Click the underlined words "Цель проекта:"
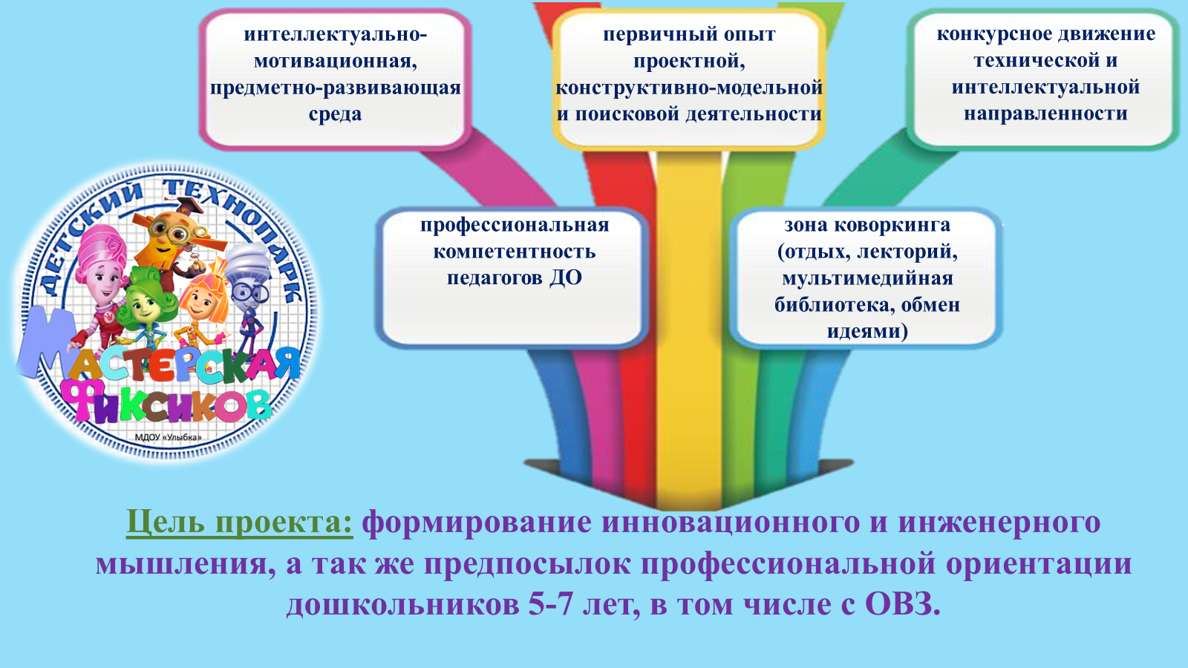[x=239, y=523]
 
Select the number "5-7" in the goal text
[x=552, y=604]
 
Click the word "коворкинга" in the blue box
[x=892, y=226]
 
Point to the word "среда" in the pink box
[x=335, y=114]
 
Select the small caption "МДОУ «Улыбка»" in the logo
[x=168, y=437]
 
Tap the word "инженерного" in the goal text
[x=999, y=523]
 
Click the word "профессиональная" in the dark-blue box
[x=515, y=226]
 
